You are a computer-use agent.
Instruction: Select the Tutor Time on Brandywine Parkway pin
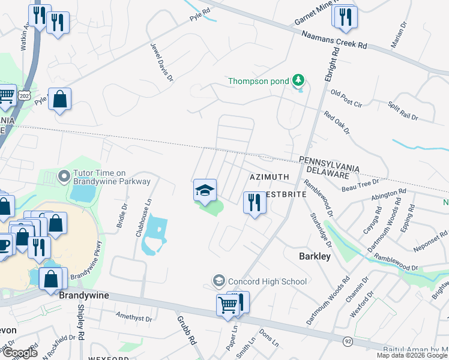point(64,177)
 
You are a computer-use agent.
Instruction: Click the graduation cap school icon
point(205,191)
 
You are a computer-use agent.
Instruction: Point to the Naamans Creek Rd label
point(334,40)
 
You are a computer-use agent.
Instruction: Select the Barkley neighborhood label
point(315,256)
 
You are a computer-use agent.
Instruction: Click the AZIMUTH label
point(270,177)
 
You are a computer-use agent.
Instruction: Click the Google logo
point(20,353)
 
